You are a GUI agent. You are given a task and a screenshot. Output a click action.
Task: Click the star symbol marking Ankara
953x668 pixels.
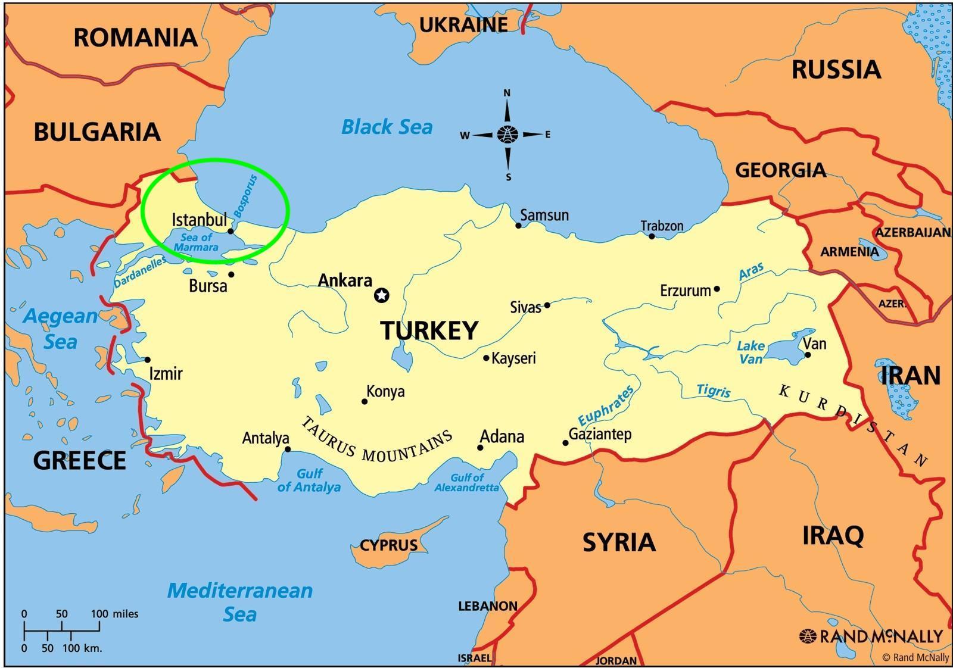point(382,295)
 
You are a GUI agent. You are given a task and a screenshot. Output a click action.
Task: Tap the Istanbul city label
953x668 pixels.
point(200,220)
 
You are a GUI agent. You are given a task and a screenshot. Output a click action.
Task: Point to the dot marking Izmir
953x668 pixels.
point(148,360)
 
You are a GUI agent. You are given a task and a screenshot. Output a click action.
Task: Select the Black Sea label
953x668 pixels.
point(387,127)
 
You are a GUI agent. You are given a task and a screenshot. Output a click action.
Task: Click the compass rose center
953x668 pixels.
point(507,135)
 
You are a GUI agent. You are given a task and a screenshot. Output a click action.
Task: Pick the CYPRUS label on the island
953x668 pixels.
point(388,545)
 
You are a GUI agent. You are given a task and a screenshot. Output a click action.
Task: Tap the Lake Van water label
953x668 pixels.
point(750,352)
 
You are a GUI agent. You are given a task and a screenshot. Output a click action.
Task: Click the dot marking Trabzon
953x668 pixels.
point(652,236)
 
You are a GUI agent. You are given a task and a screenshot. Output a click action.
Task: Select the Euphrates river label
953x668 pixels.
point(606,405)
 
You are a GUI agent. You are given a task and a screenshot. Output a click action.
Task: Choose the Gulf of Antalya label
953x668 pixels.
point(309,480)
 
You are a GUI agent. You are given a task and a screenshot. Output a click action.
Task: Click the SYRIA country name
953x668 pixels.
point(619,542)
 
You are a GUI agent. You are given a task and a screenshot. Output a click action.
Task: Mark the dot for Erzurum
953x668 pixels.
point(717,289)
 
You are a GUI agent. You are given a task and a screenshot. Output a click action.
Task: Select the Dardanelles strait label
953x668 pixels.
point(141,272)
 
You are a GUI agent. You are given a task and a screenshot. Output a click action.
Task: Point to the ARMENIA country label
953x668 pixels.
point(849,252)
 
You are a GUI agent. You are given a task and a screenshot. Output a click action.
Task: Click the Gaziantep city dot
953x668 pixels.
point(565,442)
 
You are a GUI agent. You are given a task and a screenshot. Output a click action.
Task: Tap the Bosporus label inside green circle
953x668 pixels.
point(245,195)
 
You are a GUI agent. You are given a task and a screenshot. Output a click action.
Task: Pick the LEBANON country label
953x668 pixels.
point(487,606)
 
